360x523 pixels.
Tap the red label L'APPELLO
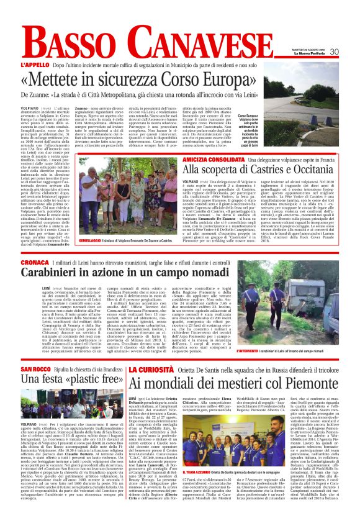(34, 64)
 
